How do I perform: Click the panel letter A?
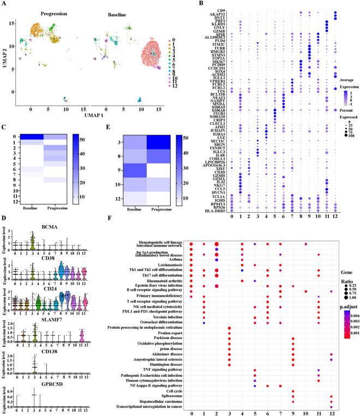click(4, 4)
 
